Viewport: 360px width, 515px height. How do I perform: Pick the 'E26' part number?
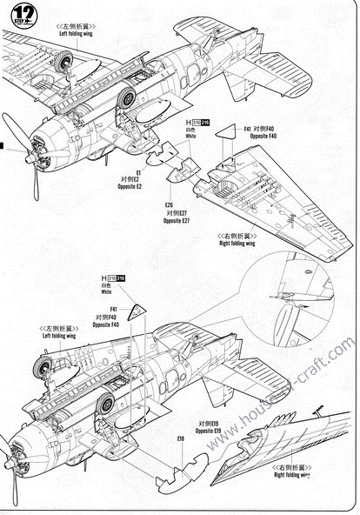[169, 205]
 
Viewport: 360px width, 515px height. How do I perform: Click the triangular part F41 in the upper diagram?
[226, 131]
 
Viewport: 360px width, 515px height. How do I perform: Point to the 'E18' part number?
[181, 439]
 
